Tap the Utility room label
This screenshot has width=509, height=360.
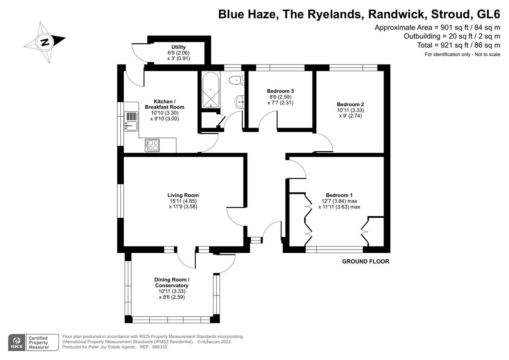click(x=178, y=47)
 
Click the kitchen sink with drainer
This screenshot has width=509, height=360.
click(x=131, y=121)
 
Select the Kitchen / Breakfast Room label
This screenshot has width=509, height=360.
click(x=164, y=104)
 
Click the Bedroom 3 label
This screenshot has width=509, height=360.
click(x=280, y=91)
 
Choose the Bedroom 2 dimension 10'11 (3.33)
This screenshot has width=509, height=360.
click(x=350, y=110)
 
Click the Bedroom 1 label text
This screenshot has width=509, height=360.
click(x=339, y=195)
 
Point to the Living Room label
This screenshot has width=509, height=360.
click(x=183, y=195)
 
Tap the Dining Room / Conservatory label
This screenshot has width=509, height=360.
click(x=172, y=283)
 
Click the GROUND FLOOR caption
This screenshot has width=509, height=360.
click(x=365, y=261)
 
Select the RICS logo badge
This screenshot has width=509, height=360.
click(x=16, y=342)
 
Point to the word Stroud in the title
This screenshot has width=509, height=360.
click(x=452, y=14)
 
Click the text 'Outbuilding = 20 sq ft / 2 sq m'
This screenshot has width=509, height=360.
click(x=452, y=36)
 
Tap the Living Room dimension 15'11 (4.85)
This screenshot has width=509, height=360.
click(x=183, y=201)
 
